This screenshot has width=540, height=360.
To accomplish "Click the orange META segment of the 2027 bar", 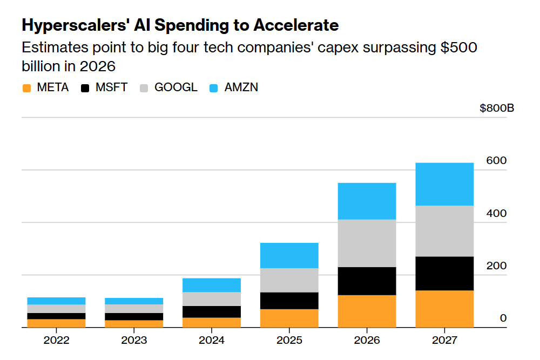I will click(444, 309).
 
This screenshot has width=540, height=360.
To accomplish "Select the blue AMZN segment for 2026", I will click(367, 201).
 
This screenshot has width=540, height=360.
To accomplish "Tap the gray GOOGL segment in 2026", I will click(367, 243).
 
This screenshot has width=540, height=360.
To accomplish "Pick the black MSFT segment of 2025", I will click(289, 301).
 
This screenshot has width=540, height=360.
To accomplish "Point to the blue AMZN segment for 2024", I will click(211, 285).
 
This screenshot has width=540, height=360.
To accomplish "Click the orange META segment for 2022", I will click(56, 323).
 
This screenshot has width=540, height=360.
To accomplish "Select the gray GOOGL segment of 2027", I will click(444, 230).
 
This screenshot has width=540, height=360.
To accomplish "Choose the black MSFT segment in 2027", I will click(444, 273).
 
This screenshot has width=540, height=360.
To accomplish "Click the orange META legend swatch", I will click(26, 88).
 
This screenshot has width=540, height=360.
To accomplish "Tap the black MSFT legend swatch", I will click(85, 88).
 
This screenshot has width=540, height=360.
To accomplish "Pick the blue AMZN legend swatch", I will click(213, 88).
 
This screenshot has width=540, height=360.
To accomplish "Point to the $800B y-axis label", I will click(497, 108).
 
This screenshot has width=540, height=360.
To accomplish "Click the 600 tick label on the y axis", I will click(496, 161).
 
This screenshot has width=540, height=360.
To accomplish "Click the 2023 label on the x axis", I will click(133, 341).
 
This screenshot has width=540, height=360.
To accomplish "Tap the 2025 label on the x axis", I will click(289, 341).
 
